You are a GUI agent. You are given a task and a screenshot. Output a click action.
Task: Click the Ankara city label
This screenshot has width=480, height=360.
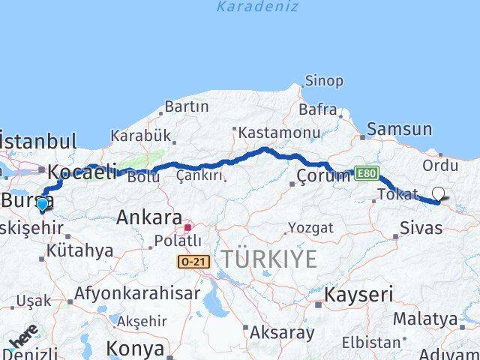pos(149,218)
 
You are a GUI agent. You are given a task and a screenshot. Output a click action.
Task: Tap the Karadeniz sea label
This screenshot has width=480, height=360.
pos(257,7)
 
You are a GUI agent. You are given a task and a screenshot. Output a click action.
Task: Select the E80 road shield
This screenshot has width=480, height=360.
pos(367,173)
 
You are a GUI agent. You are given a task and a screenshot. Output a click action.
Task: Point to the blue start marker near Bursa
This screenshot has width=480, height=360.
pos(42,203)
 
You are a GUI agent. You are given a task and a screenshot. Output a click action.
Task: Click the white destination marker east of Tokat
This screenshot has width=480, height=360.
pos(438,194)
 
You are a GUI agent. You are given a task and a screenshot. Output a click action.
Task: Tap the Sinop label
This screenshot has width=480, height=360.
pos(324,81)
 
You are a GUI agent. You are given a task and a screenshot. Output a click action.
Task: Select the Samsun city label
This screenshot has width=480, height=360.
pos(400,129)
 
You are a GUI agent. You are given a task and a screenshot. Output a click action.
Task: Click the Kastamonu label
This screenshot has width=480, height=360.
pos(276,133)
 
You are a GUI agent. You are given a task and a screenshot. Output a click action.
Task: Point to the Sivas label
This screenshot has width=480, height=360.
pos(421,227)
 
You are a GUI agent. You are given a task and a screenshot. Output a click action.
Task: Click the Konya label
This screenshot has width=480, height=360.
pos(135,348)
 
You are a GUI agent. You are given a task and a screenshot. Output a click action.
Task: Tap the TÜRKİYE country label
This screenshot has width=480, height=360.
pos(268,259)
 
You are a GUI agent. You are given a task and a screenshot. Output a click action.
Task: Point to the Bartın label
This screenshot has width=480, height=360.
pos(186,106)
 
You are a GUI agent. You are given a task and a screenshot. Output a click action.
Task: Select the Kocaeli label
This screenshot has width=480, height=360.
pos(82,172)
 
